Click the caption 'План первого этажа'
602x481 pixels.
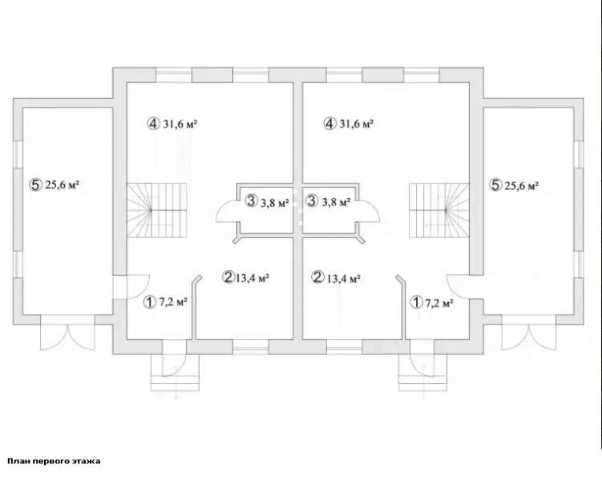(x=54, y=461)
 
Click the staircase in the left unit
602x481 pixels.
(x=157, y=210)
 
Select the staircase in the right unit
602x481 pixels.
(x=438, y=210)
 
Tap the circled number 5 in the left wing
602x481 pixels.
(x=34, y=185)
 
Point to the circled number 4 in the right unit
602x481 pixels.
(x=329, y=124)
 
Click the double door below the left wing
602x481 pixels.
(x=67, y=333)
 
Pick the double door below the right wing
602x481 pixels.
(x=529, y=333)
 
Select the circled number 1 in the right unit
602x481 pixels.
(x=416, y=302)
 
